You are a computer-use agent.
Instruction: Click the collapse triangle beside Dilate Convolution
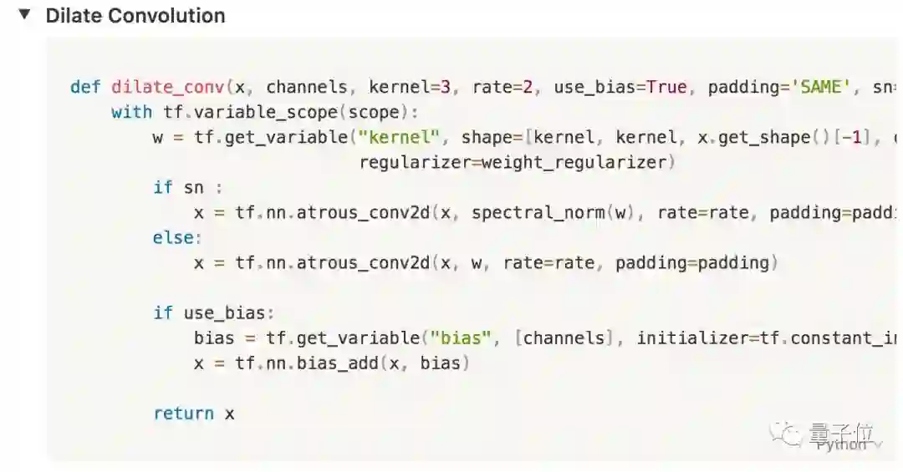click(25, 15)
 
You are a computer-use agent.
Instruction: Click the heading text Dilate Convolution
click(135, 16)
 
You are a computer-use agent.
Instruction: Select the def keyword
click(85, 88)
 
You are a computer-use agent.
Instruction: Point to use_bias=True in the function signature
click(620, 88)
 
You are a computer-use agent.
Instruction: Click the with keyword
click(131, 113)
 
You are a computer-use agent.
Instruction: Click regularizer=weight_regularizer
click(516, 162)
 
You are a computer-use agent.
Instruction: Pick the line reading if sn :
click(187, 188)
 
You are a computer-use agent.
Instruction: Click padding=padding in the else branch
click(696, 263)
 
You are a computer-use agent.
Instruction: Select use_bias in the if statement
click(223, 313)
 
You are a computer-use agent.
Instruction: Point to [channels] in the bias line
click(563, 338)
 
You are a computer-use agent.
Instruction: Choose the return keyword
click(183, 414)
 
